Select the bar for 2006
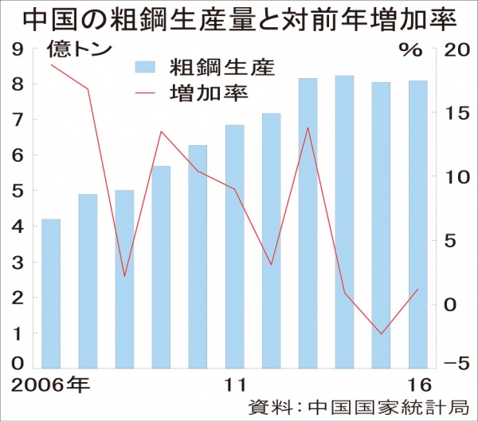point(51,291)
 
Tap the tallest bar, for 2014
point(344,221)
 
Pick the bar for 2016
point(417,223)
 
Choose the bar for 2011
point(234,246)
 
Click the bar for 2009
point(161,266)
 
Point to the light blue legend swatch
point(145,66)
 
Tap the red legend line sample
point(145,93)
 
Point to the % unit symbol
point(409,49)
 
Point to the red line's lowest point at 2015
point(381,334)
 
